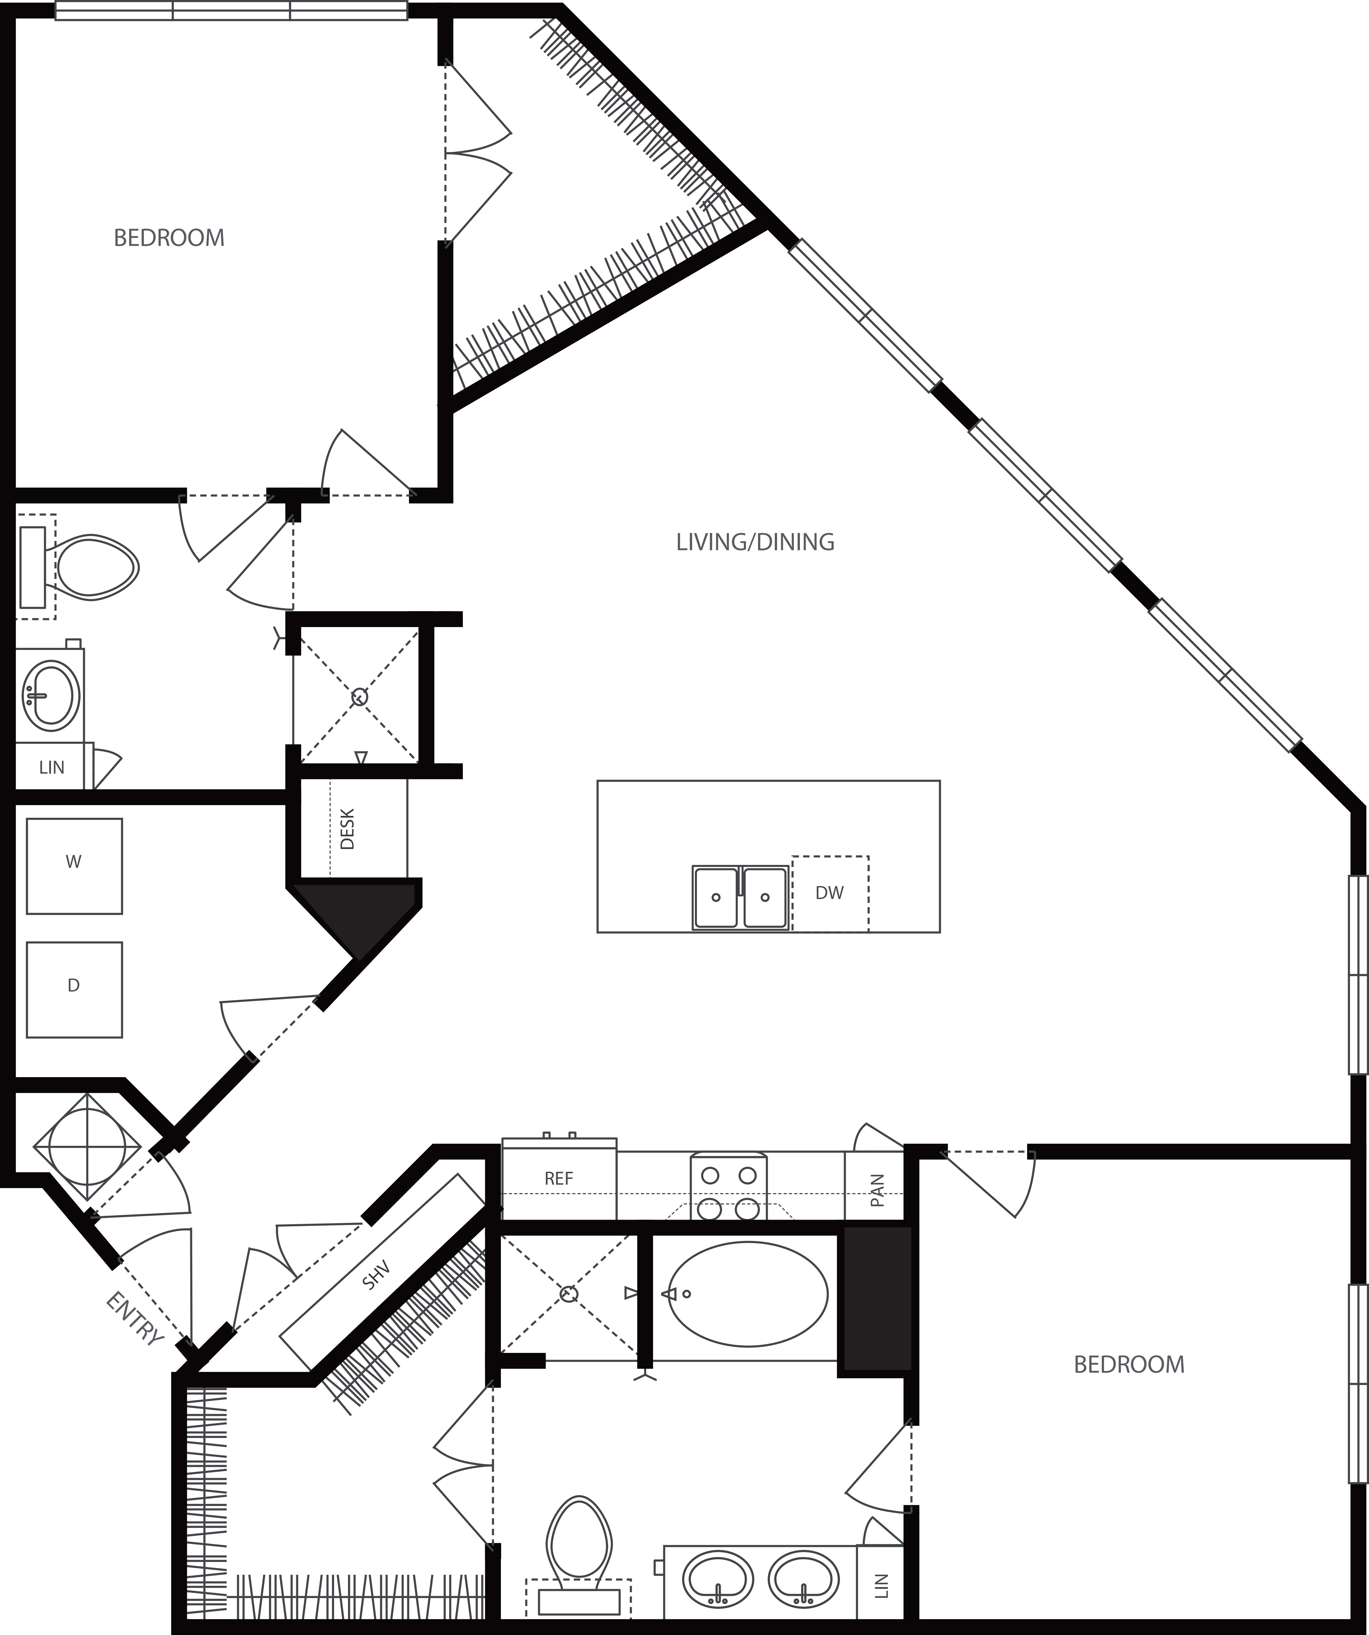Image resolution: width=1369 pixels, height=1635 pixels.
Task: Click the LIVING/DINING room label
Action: click(754, 542)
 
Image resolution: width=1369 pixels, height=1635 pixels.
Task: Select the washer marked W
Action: click(74, 865)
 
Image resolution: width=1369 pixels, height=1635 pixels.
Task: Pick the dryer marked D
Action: click(74, 989)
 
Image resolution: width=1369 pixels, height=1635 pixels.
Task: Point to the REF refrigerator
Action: click(558, 1179)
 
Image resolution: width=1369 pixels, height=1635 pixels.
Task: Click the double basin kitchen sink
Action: click(741, 898)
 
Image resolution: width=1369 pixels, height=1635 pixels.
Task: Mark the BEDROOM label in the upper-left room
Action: click(169, 237)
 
